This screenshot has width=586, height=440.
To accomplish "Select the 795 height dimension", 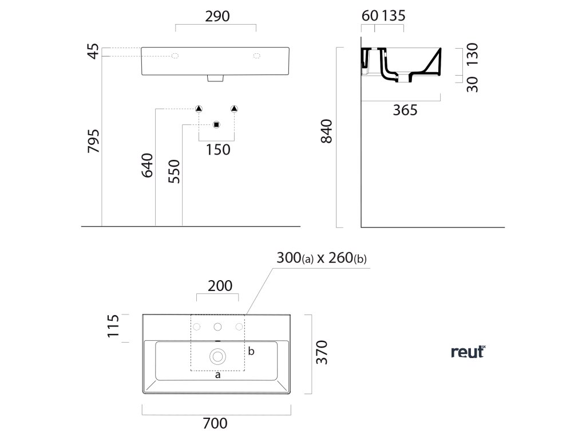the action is (x=94, y=141).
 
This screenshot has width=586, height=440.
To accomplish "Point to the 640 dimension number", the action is (x=147, y=164).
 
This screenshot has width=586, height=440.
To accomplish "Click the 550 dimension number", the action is (x=174, y=171).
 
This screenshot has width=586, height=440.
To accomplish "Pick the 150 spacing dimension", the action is (x=217, y=150).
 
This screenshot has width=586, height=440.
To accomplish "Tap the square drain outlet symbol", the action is (x=216, y=125).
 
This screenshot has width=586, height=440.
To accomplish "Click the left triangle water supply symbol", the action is (x=199, y=109).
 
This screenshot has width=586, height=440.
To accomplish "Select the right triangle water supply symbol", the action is (x=233, y=109).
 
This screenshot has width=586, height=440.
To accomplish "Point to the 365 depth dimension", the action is (x=405, y=110).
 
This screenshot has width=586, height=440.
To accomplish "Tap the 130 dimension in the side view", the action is (x=472, y=55).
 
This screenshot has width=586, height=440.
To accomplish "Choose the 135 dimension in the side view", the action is (x=393, y=16).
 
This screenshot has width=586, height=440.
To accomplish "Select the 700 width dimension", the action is (x=215, y=423).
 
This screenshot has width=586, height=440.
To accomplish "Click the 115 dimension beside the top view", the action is (x=113, y=327).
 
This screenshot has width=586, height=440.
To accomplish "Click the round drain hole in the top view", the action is (x=218, y=356).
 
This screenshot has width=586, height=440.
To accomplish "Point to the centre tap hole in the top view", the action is (x=217, y=327).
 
